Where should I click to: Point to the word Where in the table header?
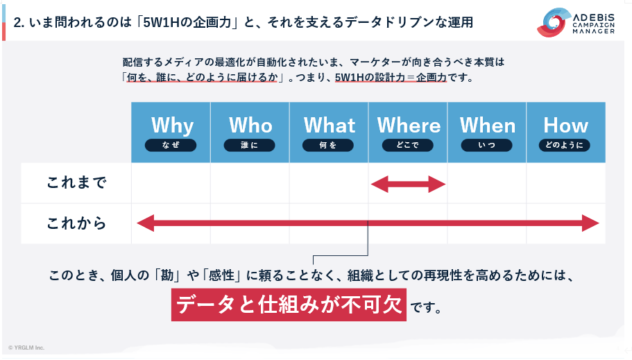click(409, 126)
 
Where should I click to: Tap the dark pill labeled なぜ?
click(171, 145)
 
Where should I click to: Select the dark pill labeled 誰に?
click(250, 145)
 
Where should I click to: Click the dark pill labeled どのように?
click(564, 145)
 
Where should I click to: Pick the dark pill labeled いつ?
click(486, 145)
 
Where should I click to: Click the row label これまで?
click(76, 182)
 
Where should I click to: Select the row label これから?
click(76, 223)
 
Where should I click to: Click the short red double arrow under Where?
click(408, 185)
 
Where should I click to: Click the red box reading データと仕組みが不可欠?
click(289, 305)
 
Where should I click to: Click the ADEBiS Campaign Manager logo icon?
click(553, 23)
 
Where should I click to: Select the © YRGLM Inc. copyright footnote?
click(26, 348)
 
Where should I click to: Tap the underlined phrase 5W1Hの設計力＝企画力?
click(391, 77)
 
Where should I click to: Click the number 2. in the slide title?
click(19, 22)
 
